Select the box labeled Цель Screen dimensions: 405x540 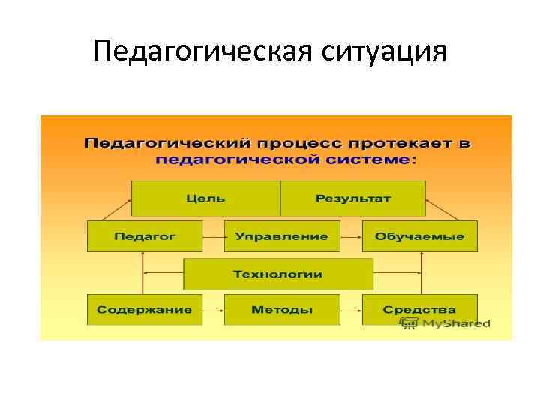click(x=205, y=199)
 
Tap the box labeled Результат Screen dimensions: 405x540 click(x=352, y=199)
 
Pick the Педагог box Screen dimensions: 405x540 click(x=145, y=236)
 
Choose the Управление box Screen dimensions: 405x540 click(x=281, y=236)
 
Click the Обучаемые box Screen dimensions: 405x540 click(x=419, y=236)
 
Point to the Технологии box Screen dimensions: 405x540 click(x=278, y=274)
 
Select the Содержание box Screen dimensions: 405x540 click(x=145, y=310)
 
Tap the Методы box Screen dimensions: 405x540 click(x=281, y=310)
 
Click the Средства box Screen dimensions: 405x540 click(x=419, y=310)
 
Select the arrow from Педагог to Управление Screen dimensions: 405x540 click(x=214, y=236)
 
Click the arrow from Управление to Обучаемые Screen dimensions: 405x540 click(x=351, y=236)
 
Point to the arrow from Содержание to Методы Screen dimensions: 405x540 click(x=214, y=310)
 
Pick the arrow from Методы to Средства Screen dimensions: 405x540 click(x=351, y=310)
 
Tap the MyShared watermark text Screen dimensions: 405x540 click(x=455, y=323)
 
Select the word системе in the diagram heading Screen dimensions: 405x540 click(x=373, y=160)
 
